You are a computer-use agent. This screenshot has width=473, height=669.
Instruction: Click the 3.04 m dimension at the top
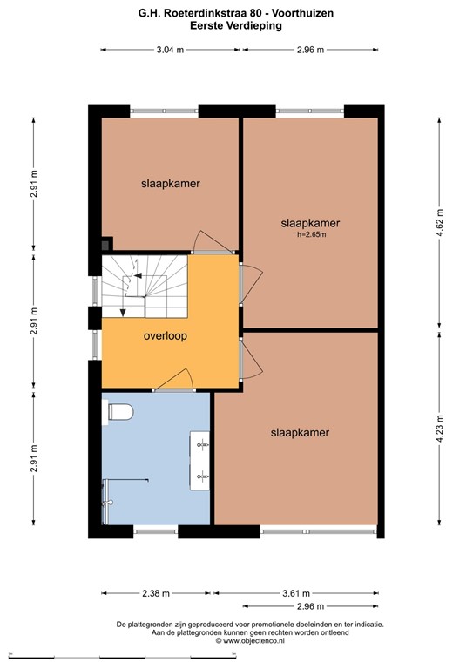click(170, 50)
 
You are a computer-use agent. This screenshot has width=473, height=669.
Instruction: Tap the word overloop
click(166, 334)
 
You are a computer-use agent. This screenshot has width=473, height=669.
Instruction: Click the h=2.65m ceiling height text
click(309, 233)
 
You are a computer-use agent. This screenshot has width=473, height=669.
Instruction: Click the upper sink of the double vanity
click(202, 444)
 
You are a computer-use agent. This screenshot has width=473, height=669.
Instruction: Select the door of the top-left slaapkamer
click(212, 240)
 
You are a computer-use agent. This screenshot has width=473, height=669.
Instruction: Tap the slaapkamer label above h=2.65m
click(309, 222)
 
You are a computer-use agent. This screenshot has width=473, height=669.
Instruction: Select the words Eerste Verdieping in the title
click(235, 26)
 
